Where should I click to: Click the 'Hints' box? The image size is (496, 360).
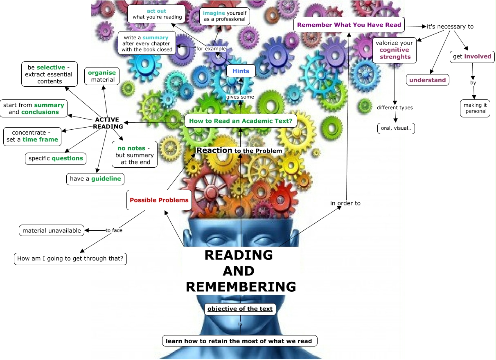tap(241, 71)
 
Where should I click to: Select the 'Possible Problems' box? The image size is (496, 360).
tap(159, 200)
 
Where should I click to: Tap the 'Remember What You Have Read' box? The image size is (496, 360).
tap(349, 25)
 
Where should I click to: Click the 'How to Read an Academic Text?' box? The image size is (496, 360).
tap(241, 121)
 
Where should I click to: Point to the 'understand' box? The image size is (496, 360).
tap(427, 80)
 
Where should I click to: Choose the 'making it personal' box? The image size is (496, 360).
tap(475, 108)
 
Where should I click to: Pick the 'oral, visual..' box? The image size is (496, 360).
tap(396, 128)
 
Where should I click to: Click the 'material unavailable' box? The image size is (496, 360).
tap(52, 230)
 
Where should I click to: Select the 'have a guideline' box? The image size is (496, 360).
tap(95, 179)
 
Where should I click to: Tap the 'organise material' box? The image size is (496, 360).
tap(102, 76)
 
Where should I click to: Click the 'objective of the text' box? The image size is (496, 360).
tap(240, 309)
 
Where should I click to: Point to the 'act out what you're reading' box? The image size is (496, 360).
tap(156, 14)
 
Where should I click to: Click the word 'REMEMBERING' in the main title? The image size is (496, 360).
tap(241, 287)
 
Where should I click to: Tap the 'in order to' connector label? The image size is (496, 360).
tap(345, 203)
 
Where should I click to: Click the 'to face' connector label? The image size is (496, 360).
tap(114, 230)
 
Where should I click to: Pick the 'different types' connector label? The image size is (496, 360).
tap(395, 108)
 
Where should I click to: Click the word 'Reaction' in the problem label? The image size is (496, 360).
tap(214, 151)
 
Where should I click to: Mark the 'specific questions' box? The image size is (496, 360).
tap(56, 158)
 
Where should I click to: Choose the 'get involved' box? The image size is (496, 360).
tap(472, 56)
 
